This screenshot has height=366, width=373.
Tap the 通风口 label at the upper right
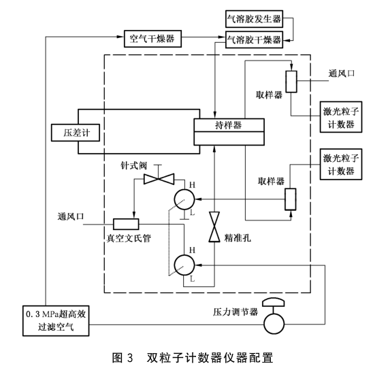click(342, 73)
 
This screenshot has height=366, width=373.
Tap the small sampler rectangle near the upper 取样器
click(291, 82)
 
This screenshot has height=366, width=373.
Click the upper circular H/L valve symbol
click(186, 199)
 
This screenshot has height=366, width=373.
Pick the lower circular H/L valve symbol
click(186, 263)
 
